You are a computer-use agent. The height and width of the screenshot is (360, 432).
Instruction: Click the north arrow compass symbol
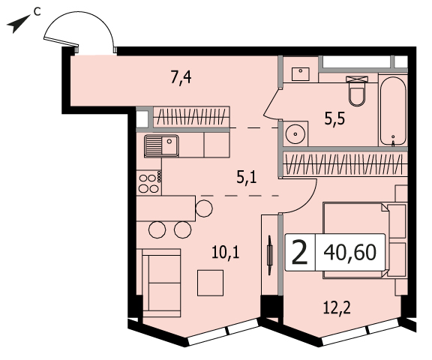pyautogui.click(x=19, y=24)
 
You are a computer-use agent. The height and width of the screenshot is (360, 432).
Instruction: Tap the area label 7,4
pyautogui.click(x=181, y=77)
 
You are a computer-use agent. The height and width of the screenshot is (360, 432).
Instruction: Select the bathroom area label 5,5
pyautogui.click(x=334, y=119)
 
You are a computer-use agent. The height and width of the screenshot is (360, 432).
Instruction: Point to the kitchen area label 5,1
pyautogui.click(x=247, y=177)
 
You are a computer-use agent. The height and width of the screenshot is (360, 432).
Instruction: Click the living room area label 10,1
pyautogui.click(x=225, y=252)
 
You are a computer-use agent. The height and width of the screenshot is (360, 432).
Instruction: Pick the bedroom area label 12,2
pyautogui.click(x=337, y=307)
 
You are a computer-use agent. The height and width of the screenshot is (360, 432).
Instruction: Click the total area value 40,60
pyautogui.click(x=350, y=252)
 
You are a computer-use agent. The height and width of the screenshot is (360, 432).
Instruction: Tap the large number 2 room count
pyautogui.click(x=299, y=252)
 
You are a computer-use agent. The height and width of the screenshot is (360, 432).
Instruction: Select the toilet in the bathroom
pyautogui.click(x=357, y=91)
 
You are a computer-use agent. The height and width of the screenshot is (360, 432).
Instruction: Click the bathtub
pyautogui.click(x=393, y=111)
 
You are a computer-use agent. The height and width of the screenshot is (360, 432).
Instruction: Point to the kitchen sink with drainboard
pyautogui.click(x=161, y=145)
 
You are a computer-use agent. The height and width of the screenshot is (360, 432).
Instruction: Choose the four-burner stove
pyautogui.click(x=149, y=181)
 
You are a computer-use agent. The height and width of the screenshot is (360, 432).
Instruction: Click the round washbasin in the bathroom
pyautogui.click(x=295, y=134)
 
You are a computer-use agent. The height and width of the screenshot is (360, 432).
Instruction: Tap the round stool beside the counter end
pyautogui.click(x=204, y=208)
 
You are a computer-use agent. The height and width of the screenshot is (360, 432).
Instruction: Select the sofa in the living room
pyautogui.click(x=162, y=283)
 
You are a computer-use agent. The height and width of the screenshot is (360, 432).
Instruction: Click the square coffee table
pyautogui.click(x=210, y=283)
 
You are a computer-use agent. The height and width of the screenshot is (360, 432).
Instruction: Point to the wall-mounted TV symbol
pyautogui.click(x=270, y=255)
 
